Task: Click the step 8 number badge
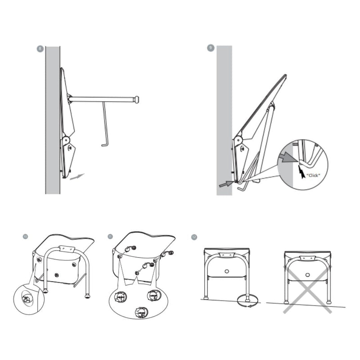pyautogui.click(x=40, y=49)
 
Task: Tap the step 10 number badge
pyautogui.click(x=25, y=236)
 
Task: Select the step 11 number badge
pyautogui.click(x=111, y=236)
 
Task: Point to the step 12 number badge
pyautogui.click(x=194, y=236)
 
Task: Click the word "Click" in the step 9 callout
pyautogui.click(x=313, y=174)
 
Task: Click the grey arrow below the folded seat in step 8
pyautogui.click(x=77, y=175)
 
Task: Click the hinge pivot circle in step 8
pyautogui.click(x=66, y=140)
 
